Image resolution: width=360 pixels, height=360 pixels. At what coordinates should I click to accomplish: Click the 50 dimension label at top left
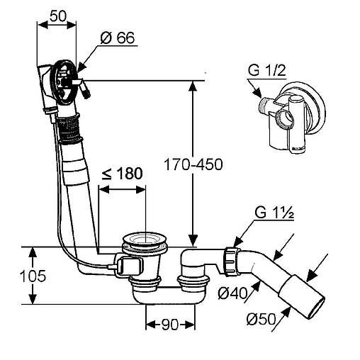tap(58, 16)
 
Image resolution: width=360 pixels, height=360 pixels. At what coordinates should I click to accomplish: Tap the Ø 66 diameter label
tap(118, 38)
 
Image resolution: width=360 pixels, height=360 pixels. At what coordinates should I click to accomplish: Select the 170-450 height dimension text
tap(193, 164)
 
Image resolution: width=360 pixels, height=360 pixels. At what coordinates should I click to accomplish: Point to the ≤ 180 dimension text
tap(122, 174)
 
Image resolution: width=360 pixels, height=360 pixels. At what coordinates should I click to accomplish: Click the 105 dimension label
tap(33, 276)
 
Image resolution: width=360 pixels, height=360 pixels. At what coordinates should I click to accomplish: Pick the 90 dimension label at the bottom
tap(170, 325)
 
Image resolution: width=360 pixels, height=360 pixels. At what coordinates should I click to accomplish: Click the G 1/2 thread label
tap(267, 70)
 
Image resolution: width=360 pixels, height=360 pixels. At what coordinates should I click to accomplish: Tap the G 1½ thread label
tap(274, 213)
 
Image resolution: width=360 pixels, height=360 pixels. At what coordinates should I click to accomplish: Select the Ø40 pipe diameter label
tap(232, 293)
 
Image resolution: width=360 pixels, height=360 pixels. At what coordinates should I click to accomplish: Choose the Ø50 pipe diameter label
tap(261, 319)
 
